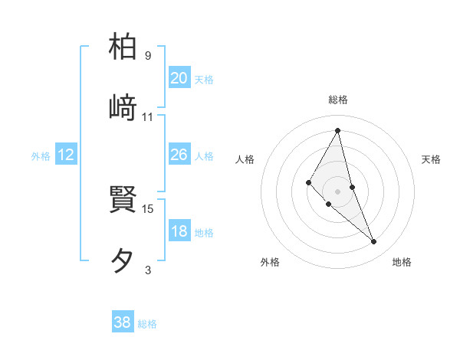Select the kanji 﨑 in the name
123,107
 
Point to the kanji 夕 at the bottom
123,261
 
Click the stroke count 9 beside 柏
148,55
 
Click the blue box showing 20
179,77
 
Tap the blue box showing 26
179,155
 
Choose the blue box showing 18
179,231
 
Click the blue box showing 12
66,155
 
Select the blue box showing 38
123,322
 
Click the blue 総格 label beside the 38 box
147,324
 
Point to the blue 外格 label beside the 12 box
41,156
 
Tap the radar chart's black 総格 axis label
338,100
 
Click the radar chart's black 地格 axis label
402,262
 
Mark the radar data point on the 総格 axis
338,130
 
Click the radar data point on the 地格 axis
374,242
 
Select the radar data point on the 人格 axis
309,182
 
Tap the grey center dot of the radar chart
338,191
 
